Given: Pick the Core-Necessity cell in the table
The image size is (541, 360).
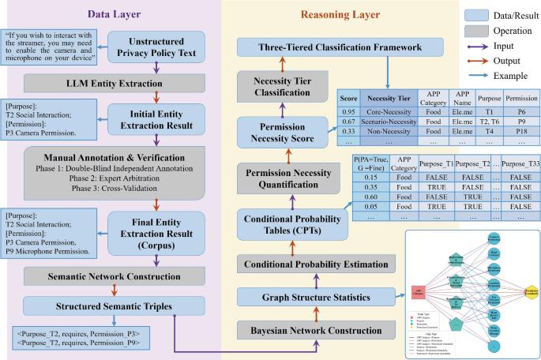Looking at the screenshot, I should [383, 111].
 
